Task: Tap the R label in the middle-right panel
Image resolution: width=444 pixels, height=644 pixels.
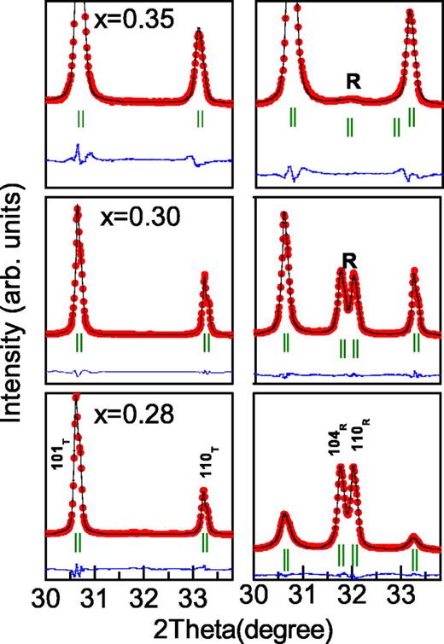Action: pyautogui.click(x=348, y=258)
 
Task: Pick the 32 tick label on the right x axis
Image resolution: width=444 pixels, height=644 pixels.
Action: pyautogui.click(x=351, y=595)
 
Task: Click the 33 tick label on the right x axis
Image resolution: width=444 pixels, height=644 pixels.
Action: pyautogui.click(x=400, y=595)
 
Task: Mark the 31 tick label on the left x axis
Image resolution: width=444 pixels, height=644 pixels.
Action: pyautogui.click(x=94, y=595)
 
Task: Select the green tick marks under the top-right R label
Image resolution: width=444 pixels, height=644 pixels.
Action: pyautogui.click(x=350, y=127)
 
